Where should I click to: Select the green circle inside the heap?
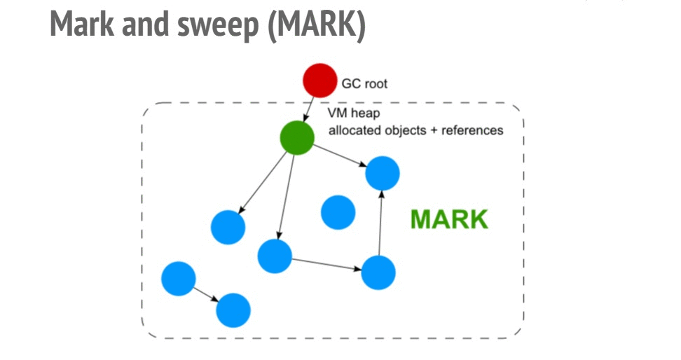point(297,138)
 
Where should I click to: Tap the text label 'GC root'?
point(364,84)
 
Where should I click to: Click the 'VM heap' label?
point(352,113)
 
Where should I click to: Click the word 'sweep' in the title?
point(219,26)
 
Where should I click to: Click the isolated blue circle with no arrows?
point(338,212)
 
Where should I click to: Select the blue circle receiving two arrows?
point(383,172)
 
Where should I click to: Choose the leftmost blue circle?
point(178,278)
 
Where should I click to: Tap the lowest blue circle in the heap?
point(233,310)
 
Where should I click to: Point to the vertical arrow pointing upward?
point(380,222)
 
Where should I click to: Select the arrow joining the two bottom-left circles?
point(205,294)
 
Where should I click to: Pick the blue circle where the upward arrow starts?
point(378,272)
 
